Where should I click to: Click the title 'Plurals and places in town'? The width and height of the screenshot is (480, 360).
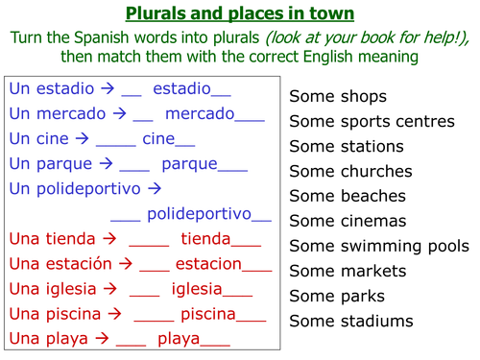[239, 13]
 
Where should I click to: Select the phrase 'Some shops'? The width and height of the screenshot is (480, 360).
[338, 97]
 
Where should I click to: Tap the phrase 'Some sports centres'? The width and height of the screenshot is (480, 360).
[372, 122]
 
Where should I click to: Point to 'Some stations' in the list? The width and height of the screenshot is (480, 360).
[347, 147]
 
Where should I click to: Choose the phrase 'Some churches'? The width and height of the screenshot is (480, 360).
[350, 172]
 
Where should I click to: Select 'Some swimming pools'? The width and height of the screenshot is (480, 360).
[378, 246]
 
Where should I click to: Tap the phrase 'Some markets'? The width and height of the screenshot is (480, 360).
[347, 271]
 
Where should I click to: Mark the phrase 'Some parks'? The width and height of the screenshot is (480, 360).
[337, 296]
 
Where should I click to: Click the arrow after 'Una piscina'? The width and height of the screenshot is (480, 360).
[115, 313]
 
